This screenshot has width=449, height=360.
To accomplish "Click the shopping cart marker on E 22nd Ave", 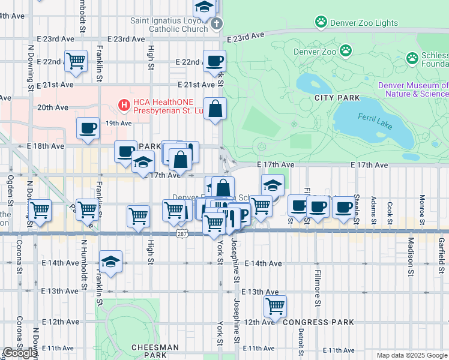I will pyautogui.click(x=76, y=60).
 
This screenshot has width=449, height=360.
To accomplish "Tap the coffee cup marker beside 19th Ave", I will pyautogui.click(x=88, y=128).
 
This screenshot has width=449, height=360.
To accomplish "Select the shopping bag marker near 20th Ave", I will pyautogui.click(x=215, y=109).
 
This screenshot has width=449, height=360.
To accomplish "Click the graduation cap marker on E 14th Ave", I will pyautogui.click(x=111, y=261).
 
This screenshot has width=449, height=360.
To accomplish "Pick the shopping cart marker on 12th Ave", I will pyautogui.click(x=275, y=305).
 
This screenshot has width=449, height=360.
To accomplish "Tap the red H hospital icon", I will pyautogui.click(x=124, y=106).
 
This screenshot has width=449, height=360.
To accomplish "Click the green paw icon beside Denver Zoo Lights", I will pyautogui.click(x=321, y=23).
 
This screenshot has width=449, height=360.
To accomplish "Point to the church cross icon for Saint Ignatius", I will pyautogui.click(x=216, y=25).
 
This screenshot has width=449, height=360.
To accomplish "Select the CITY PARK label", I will pyautogui.click(x=336, y=98).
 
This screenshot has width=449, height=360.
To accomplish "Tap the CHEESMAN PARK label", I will pyautogui.click(x=155, y=351).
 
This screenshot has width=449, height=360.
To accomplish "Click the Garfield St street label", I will pyautogui.click(x=441, y=249).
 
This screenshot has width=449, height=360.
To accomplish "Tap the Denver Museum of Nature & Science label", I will pyautogui.click(x=413, y=89).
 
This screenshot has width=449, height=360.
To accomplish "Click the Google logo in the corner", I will pyautogui.click(x=20, y=353).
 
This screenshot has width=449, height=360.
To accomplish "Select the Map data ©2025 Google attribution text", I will pyautogui.click(x=412, y=355).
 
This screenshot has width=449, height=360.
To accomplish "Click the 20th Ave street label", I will pyautogui.click(x=53, y=107).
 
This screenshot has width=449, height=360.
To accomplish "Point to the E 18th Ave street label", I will pyautogui.click(x=45, y=146).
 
